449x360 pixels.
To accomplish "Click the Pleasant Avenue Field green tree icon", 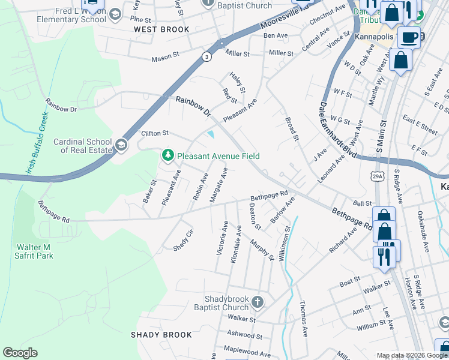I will pos(167,156).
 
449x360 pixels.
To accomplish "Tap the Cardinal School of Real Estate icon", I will pos(121,145).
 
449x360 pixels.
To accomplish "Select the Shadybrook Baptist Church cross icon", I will pos(257,302).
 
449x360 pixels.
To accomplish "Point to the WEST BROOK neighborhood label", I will pos(161,29).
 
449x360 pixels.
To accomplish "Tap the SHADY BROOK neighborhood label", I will pos(161,335).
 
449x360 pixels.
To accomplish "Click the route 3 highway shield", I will pos(206,57).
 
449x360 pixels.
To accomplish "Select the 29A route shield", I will pos(376,175).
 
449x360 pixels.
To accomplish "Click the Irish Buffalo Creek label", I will pos(35,143).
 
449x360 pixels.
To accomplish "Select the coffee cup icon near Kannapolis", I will pos(409,37).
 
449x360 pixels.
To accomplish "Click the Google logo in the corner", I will pos(20,353).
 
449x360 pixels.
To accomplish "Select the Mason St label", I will pos(166,59).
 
